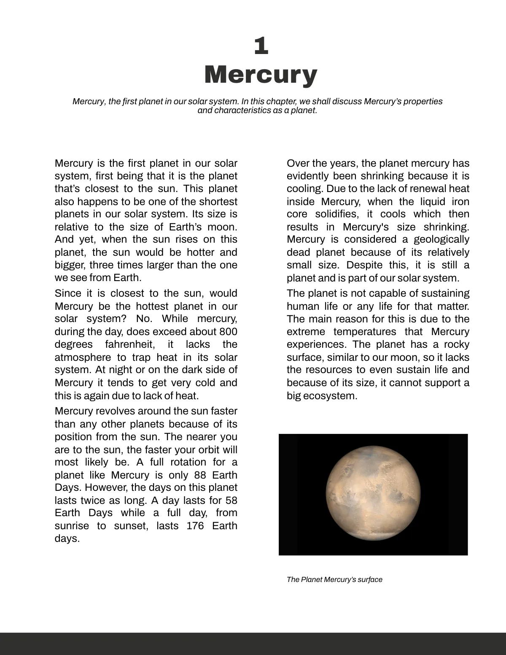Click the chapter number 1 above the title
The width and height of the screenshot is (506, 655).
point(261,46)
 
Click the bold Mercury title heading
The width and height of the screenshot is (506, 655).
point(261,74)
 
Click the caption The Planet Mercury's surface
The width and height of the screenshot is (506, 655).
point(334,579)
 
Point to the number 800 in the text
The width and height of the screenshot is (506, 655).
point(228,332)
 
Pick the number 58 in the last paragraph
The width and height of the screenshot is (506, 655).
point(231,501)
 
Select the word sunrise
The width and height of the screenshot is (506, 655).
point(72,526)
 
